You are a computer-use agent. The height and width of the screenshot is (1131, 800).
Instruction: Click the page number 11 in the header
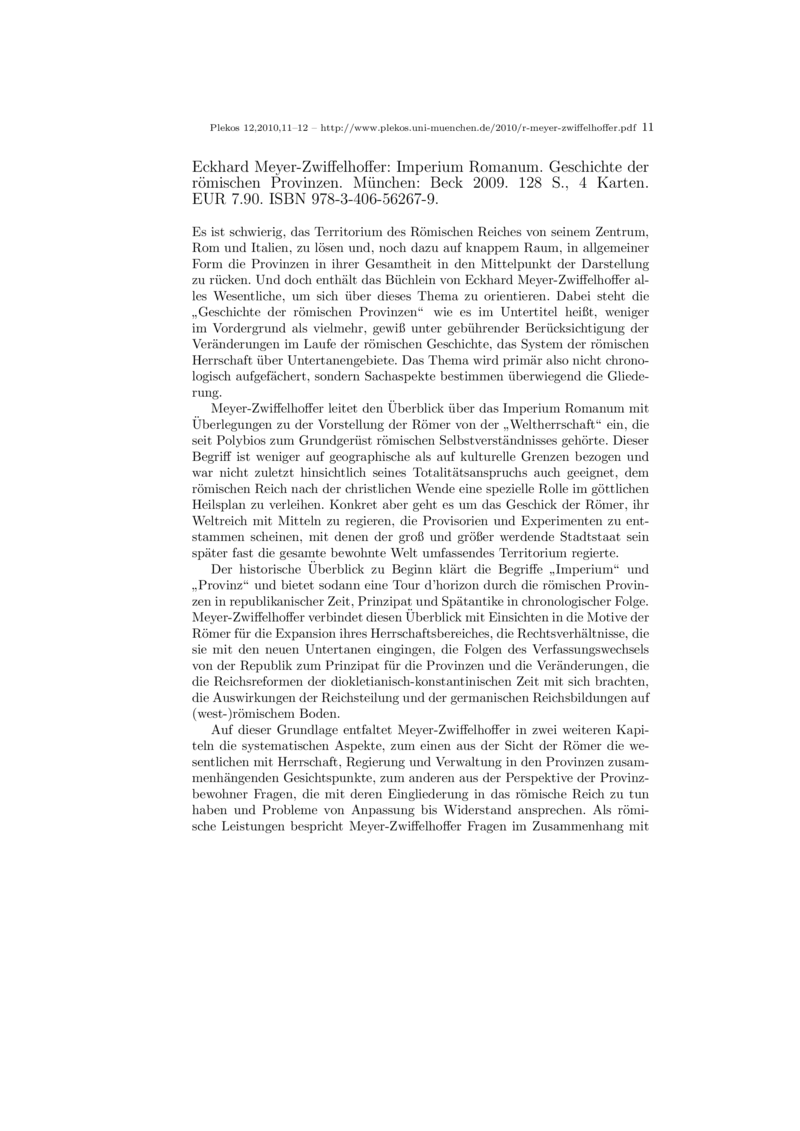647,128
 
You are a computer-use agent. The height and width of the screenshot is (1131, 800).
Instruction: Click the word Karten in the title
621,184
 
